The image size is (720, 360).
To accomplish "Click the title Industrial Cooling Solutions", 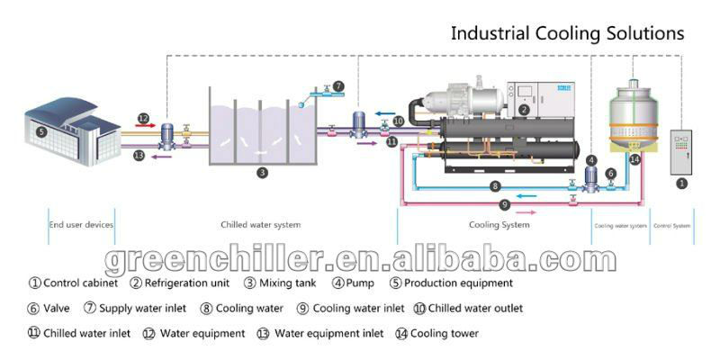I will [567, 34].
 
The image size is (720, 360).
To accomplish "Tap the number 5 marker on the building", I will [40, 130].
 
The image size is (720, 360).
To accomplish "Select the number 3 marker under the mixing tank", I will [262, 172].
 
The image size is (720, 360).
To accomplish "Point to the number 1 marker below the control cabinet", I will [681, 183].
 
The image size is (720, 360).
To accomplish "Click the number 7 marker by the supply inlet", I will [337, 86].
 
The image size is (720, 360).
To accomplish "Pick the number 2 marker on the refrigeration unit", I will [524, 110].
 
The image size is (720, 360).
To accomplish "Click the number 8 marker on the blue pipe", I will [494, 186].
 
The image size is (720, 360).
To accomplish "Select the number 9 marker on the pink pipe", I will [505, 204].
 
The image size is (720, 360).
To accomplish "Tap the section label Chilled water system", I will [261, 224].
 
